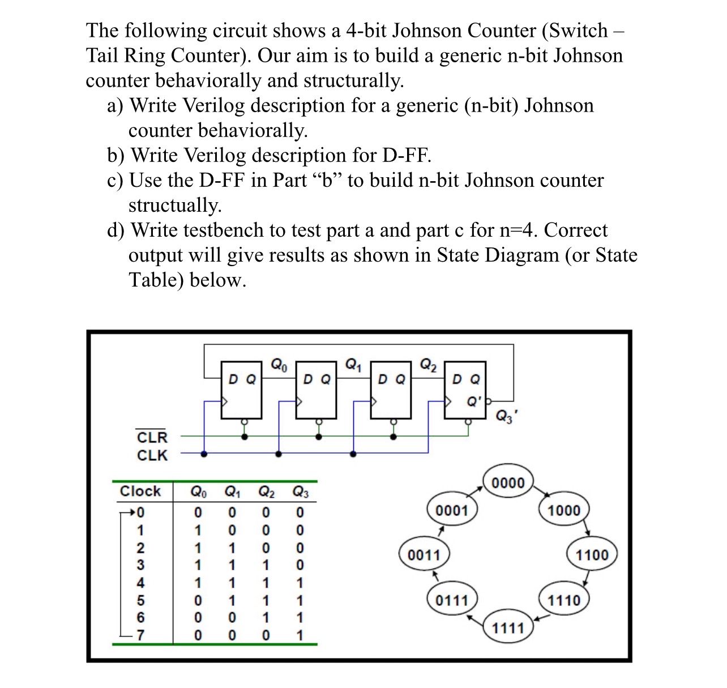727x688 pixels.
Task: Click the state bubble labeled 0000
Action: (x=508, y=483)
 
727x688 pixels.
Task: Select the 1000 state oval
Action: (x=564, y=510)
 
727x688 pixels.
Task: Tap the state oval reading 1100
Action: (x=592, y=554)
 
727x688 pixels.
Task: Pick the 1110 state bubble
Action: (x=564, y=600)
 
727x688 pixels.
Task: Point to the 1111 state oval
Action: (x=508, y=628)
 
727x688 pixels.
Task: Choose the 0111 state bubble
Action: (x=452, y=600)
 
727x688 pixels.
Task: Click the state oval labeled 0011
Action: (x=424, y=554)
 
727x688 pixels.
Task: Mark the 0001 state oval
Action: (x=452, y=510)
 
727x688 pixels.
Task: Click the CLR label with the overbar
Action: (x=152, y=438)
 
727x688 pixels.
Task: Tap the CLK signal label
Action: (x=152, y=455)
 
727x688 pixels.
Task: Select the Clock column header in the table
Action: (x=140, y=491)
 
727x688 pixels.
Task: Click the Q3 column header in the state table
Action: (x=300, y=492)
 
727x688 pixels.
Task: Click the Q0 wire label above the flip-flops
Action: (x=279, y=364)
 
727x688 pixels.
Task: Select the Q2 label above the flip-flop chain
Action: (x=428, y=364)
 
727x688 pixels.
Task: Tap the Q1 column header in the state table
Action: (x=233, y=492)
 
